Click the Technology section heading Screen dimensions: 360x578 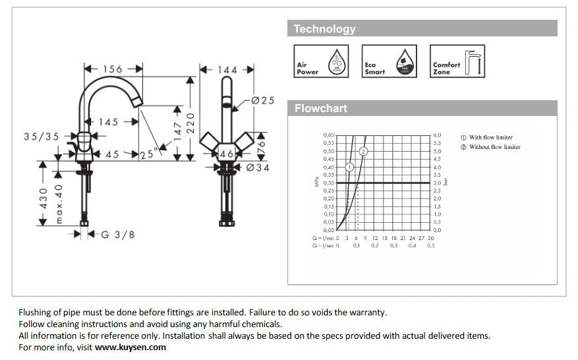pos(324,29)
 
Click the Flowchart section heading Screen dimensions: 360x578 pos(320,108)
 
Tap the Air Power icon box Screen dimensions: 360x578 pos(320,61)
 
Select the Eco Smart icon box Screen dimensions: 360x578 pos(389,61)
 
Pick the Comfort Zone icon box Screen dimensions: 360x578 pos(457,61)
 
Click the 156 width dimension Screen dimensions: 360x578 pos(113,69)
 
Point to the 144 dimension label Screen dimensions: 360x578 pos(227,69)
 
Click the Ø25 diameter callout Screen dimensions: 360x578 pos(263,100)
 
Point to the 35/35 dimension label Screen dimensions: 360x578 pos(42,136)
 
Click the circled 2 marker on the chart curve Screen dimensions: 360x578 pos(363,151)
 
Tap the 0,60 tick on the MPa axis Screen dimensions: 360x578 pos(328,135)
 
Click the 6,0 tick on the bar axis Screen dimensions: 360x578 pos(436,135)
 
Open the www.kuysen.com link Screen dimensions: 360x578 pos(130,347)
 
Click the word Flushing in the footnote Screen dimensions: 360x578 pos(36,312)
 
